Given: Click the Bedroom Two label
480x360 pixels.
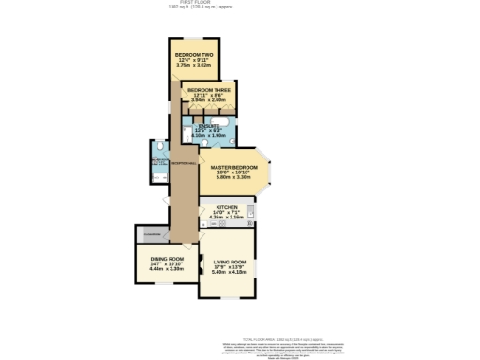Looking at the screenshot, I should (x=194, y=55).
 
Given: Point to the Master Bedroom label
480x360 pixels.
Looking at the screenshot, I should (x=233, y=168).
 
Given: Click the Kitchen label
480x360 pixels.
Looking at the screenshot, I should (x=227, y=207).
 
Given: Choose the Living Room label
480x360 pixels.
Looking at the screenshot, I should (x=229, y=262).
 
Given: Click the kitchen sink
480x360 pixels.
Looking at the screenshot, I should (x=251, y=211).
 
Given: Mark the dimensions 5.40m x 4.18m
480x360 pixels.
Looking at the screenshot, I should (x=229, y=274).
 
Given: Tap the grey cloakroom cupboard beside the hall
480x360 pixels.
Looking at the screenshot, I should (x=153, y=233).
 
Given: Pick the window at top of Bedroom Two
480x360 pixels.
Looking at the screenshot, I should (x=194, y=39).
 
